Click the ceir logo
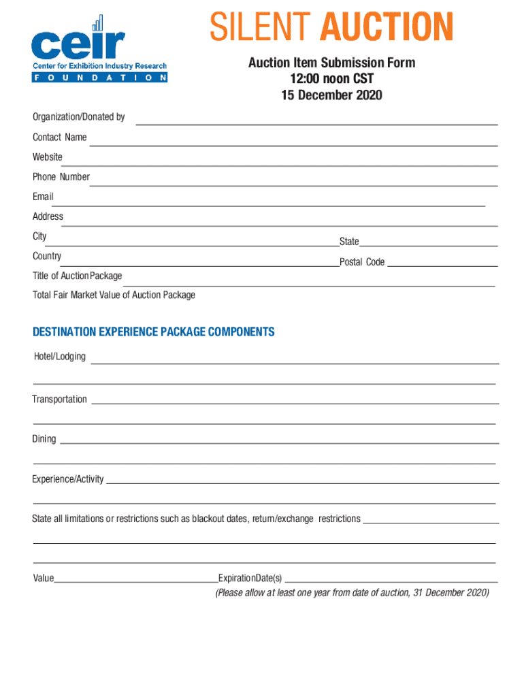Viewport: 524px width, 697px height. coord(99,50)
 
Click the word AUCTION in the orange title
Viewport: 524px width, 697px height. coord(387,29)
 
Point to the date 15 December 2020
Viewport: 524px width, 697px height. coord(331,95)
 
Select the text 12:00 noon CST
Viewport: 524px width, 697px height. coord(331,79)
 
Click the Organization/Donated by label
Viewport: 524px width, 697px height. coord(79,117)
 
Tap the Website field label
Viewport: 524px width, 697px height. coord(48,157)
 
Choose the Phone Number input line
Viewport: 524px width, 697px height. coord(293,184)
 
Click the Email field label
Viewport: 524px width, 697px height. coord(43,197)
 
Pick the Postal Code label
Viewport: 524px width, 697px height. coord(362,262)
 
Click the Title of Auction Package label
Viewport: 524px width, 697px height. coord(78,276)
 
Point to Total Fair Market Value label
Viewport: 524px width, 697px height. coord(114,295)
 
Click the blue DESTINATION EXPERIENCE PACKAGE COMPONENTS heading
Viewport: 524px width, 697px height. coord(154,332)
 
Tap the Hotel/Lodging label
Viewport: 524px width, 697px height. coord(60,357)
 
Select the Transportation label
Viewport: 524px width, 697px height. coord(60,400)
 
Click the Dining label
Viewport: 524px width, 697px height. coord(44,439)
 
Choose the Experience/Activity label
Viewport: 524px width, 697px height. coord(68,479)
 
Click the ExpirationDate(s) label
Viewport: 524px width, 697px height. coord(250,579)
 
